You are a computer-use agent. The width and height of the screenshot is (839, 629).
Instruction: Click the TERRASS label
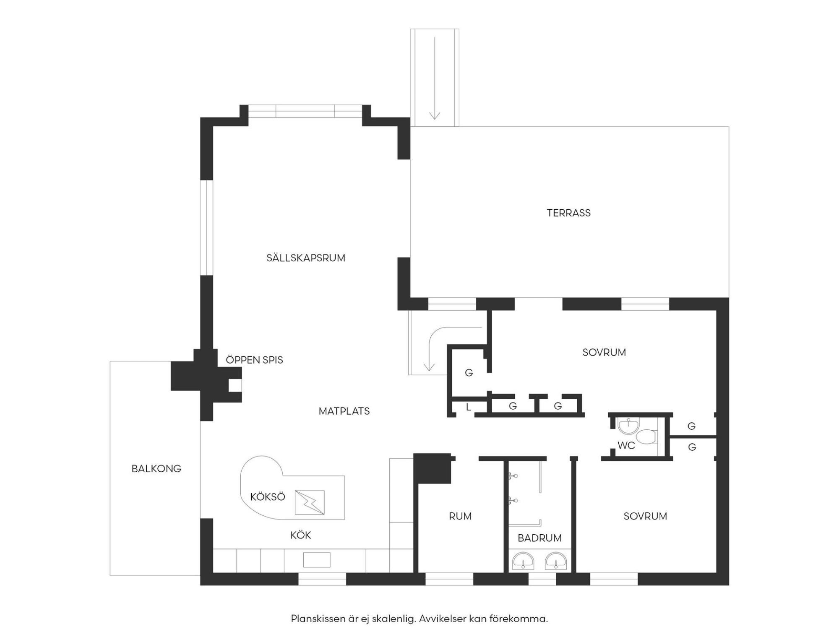pos(568,213)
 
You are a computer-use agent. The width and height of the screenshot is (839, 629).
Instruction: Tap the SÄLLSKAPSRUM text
pos(306,258)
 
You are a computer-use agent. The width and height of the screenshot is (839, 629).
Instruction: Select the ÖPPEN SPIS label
pos(254,360)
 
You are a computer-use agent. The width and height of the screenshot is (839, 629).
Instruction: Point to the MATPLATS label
pos(344,411)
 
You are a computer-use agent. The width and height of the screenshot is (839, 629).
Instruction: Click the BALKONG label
pos(156,469)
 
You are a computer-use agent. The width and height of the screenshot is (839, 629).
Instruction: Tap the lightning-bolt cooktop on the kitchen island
pos(310,502)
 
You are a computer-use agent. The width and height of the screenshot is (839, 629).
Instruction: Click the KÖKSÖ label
pos(268,497)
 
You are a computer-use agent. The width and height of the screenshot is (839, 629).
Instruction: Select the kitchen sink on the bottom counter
pos(317,560)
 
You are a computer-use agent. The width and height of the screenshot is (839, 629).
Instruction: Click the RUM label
pos(460,516)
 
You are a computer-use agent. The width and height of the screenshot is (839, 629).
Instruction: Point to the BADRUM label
pos(539,538)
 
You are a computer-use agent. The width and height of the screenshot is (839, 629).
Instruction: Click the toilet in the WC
pos(646,436)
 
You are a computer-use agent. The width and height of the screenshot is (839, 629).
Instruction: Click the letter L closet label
pos(469,407)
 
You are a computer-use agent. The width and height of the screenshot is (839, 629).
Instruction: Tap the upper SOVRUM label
pos(604,353)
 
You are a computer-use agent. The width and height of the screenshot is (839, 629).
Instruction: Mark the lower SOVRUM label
pos(645,516)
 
